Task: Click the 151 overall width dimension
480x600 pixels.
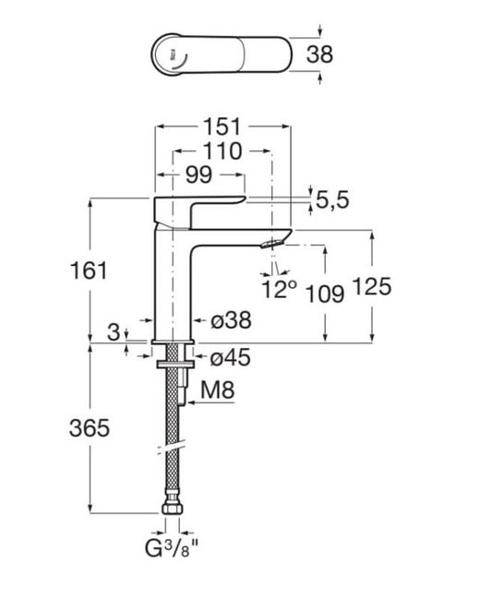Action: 222,126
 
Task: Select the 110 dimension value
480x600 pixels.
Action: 222,151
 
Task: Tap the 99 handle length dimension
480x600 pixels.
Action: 198,174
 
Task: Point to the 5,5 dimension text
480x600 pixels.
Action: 332,199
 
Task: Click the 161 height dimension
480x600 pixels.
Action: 89,270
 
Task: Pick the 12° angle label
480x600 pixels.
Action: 280,289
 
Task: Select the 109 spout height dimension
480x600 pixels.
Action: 325,294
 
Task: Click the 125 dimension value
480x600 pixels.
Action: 372,286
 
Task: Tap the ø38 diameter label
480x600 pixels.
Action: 231,319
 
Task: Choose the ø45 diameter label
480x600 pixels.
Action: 231,358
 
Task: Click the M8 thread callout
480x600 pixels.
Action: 218,390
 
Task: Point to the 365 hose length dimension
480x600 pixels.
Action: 90,427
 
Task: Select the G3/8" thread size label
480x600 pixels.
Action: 172,548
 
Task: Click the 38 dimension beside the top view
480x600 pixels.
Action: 319,54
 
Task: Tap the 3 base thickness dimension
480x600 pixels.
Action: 114,331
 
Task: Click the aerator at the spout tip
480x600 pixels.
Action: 272,243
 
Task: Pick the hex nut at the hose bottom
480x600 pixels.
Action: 173,509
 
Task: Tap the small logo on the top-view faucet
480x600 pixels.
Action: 174,54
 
